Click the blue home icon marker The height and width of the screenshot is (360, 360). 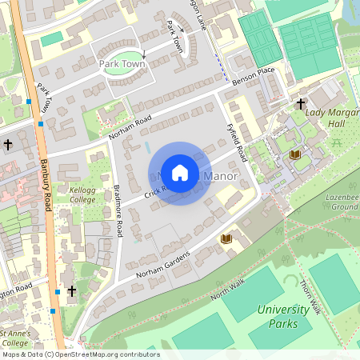(x=180, y=174)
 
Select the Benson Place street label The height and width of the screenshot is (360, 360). (x=253, y=76)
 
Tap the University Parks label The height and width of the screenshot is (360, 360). (x=283, y=316)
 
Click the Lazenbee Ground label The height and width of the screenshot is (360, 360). (x=342, y=202)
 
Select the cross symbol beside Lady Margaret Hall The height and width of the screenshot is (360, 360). (x=301, y=104)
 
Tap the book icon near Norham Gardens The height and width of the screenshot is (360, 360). (x=226, y=238)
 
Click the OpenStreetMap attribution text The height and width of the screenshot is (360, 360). (x=80, y=354)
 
